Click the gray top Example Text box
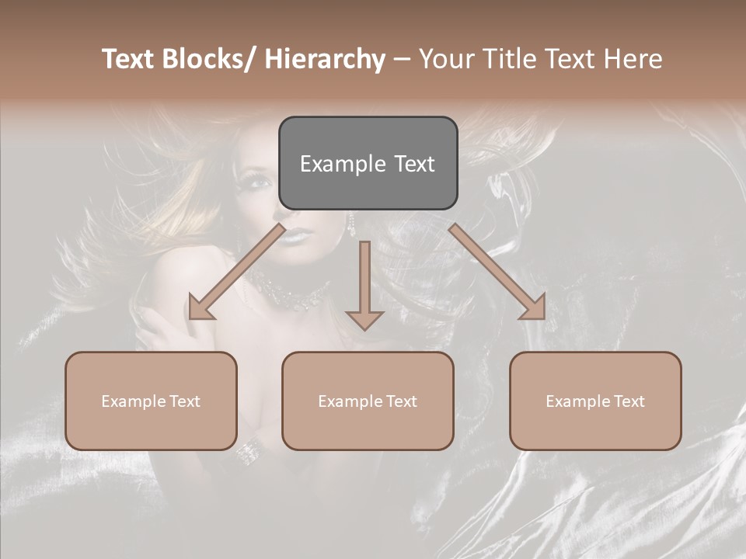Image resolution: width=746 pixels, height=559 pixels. pyautogui.click(x=368, y=163)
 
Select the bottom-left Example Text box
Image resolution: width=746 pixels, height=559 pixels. pyautogui.click(x=151, y=401)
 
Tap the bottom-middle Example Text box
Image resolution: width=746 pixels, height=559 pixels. pyautogui.click(x=368, y=401)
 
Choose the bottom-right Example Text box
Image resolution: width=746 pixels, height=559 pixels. pyautogui.click(x=595, y=401)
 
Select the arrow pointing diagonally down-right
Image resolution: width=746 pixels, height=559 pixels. pyautogui.click(x=498, y=273)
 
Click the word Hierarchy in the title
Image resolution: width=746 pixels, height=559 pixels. pyautogui.click(x=325, y=59)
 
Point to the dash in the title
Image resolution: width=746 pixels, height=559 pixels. pyautogui.click(x=401, y=60)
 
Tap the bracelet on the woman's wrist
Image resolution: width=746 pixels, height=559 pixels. pyautogui.click(x=248, y=451)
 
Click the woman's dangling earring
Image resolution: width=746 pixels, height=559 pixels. pyautogui.click(x=351, y=225)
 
